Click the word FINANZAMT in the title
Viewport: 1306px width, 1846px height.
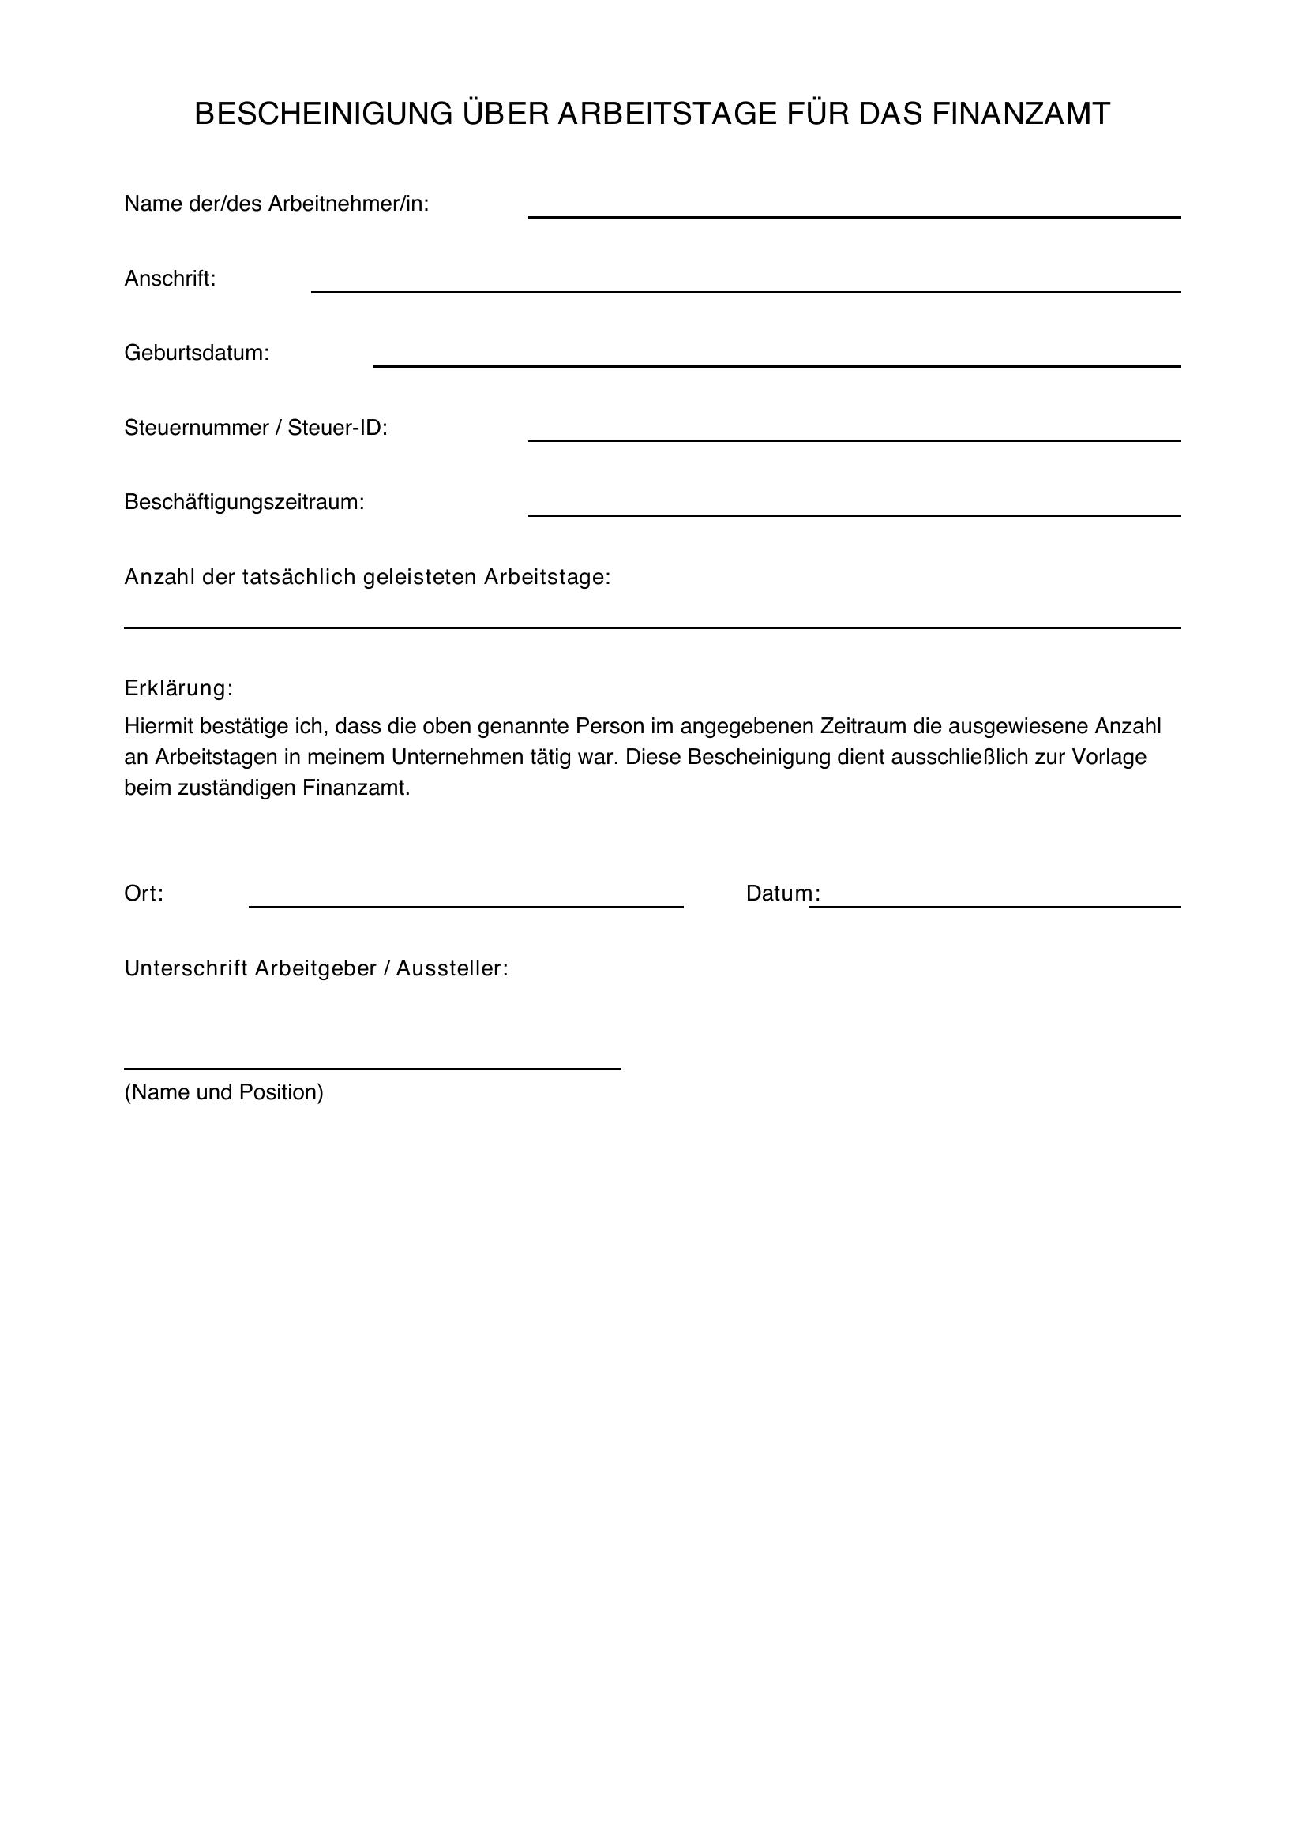(x=1020, y=114)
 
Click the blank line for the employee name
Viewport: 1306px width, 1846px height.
(x=854, y=215)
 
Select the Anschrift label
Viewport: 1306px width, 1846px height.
(x=170, y=279)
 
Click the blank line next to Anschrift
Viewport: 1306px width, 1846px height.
(x=745, y=290)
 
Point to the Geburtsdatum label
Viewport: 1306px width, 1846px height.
(x=197, y=353)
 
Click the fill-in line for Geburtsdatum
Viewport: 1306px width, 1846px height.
(x=776, y=365)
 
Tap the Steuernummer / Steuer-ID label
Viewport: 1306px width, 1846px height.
(x=256, y=428)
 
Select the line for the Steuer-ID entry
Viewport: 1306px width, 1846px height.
(x=854, y=440)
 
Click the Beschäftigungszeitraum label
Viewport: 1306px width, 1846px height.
(x=244, y=503)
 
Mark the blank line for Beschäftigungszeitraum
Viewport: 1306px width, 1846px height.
(x=854, y=515)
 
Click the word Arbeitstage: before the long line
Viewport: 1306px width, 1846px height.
(x=547, y=577)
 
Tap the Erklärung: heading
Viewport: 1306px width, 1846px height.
(x=178, y=688)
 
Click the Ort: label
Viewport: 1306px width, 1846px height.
(x=143, y=894)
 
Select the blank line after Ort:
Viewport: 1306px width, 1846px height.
(x=466, y=906)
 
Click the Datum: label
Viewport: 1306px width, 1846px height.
(x=782, y=894)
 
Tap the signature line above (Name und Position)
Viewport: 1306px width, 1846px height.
(x=373, y=1069)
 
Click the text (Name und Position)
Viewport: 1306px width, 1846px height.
(x=223, y=1092)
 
